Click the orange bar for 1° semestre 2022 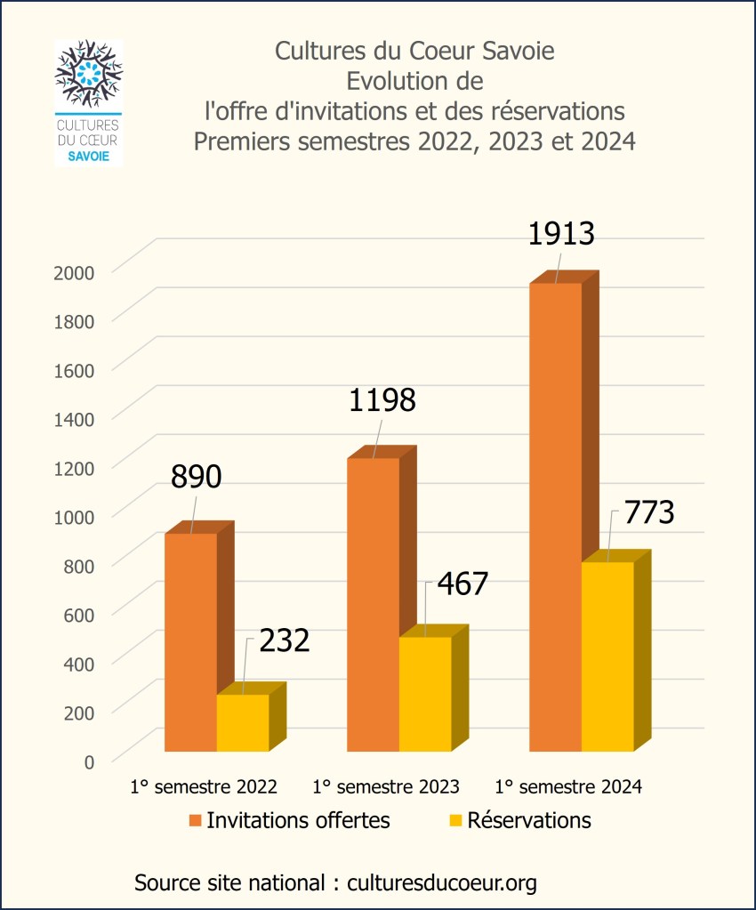(190, 640)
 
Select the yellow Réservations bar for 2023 (425, 694)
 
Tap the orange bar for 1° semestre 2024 (555, 516)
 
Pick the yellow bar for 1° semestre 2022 (243, 722)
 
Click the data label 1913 (560, 234)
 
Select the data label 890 (196, 478)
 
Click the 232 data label (285, 640)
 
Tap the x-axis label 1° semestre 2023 (386, 786)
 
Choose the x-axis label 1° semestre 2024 (568, 786)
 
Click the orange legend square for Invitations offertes (194, 820)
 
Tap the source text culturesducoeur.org (442, 882)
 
